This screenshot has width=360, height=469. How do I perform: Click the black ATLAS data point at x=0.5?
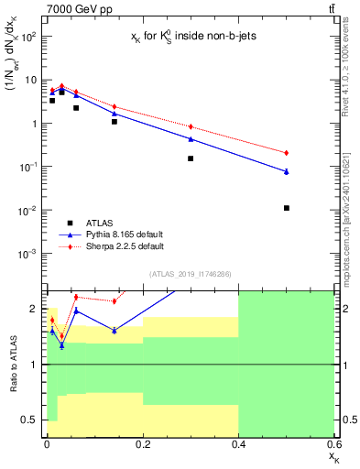pyautogui.click(x=287, y=208)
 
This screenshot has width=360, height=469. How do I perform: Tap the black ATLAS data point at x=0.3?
pyautogui.click(x=191, y=158)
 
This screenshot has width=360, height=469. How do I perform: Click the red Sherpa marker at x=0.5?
pyautogui.click(x=287, y=152)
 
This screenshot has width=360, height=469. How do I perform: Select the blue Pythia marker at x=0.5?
pyautogui.click(x=287, y=171)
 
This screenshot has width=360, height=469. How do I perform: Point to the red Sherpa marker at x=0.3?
pyautogui.click(x=191, y=126)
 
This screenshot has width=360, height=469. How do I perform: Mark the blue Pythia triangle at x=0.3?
pyautogui.click(x=191, y=138)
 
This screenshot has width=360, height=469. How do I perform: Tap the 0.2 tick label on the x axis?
pyautogui.click(x=142, y=445)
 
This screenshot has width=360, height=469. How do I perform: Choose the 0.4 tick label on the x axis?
pyautogui.click(x=238, y=445)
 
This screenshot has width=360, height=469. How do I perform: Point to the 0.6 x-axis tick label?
pyautogui.click(x=333, y=445)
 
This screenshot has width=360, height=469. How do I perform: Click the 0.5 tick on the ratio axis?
pyautogui.click(x=34, y=420)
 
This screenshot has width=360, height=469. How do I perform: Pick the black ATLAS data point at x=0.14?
pyautogui.click(x=115, y=121)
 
